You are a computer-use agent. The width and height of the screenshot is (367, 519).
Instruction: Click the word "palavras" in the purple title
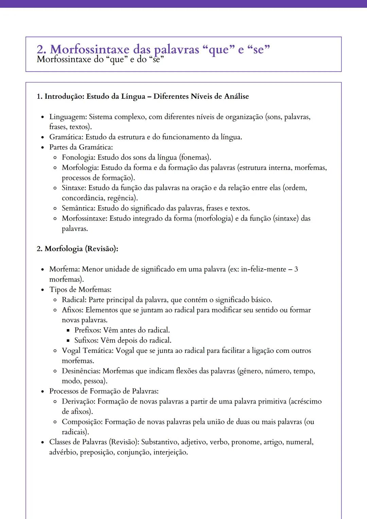point(176,50)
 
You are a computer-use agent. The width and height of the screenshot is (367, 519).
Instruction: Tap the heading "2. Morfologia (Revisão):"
point(77,249)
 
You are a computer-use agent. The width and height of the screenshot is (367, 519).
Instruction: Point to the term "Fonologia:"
point(78,158)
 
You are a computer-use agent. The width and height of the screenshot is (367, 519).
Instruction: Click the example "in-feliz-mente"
point(263,269)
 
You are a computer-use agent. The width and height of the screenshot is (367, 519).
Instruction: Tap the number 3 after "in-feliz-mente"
point(296,269)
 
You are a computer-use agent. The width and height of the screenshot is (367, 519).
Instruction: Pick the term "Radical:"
point(74,300)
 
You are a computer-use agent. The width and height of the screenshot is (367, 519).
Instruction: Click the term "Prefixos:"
point(88,330)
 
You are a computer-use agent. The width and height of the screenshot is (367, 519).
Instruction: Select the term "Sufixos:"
point(87,340)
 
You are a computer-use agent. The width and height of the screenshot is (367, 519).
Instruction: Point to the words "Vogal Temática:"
point(88,351)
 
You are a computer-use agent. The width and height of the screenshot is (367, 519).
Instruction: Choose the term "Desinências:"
point(82,371)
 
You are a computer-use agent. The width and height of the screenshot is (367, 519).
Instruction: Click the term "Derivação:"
point(79,401)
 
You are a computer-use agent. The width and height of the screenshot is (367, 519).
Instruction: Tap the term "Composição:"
point(83,422)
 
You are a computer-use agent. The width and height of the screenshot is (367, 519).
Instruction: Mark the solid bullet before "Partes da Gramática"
point(42,148)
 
